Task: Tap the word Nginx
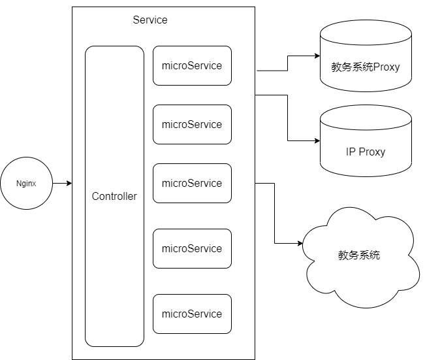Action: (26, 184)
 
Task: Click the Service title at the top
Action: (150, 20)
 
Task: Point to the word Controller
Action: (114, 196)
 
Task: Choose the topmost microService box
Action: (192, 65)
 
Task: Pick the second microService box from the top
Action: (192, 124)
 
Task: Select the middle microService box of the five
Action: (192, 183)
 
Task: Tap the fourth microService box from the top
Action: (192, 248)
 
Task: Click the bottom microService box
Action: (192, 314)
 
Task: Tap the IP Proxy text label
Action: (366, 152)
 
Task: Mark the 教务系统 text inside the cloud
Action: (359, 255)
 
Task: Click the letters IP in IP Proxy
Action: (350, 152)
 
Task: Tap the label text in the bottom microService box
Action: (192, 314)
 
